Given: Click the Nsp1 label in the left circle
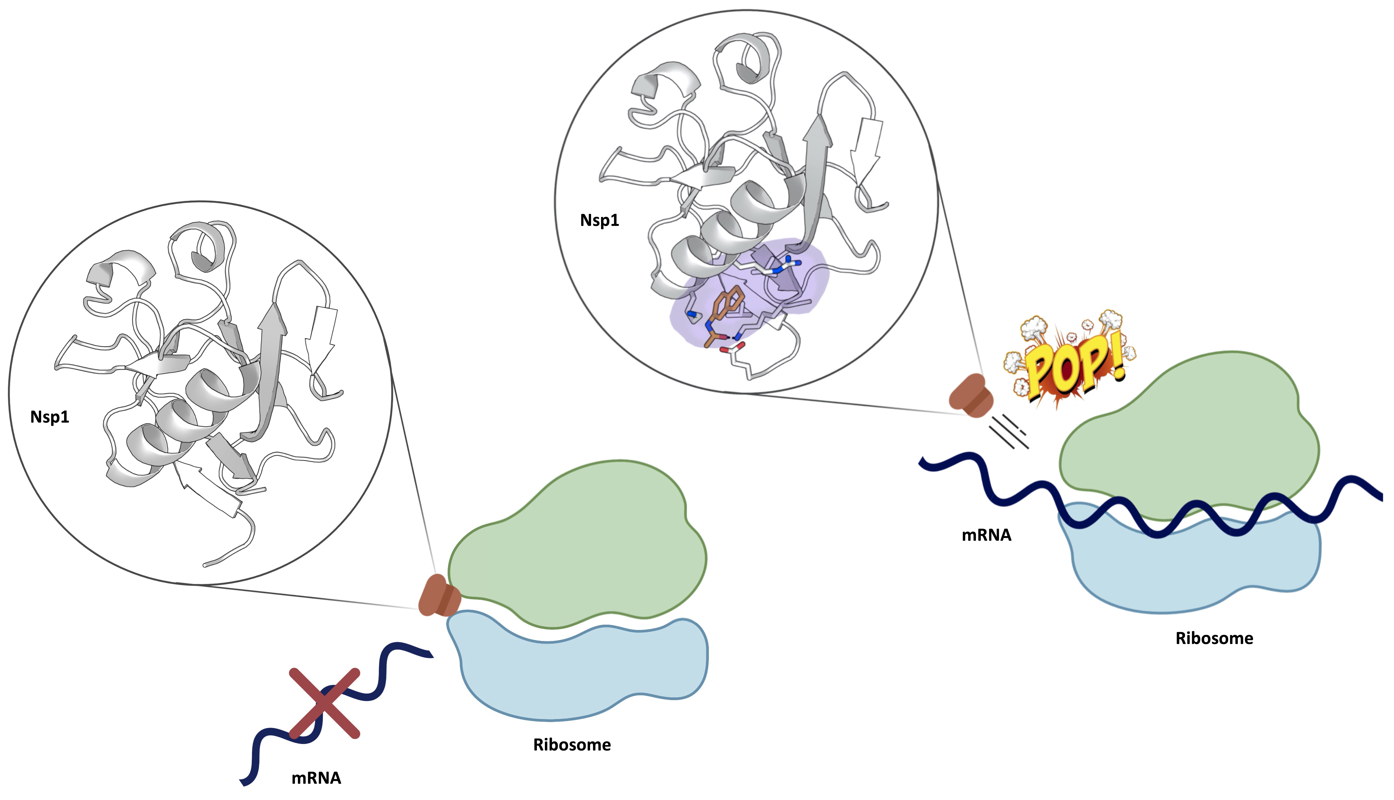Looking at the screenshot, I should [49, 417].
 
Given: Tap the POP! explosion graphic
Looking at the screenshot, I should [1069, 363].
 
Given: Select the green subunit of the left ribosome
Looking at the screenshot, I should [577, 544].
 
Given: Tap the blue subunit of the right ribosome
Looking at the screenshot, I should [1192, 571].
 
